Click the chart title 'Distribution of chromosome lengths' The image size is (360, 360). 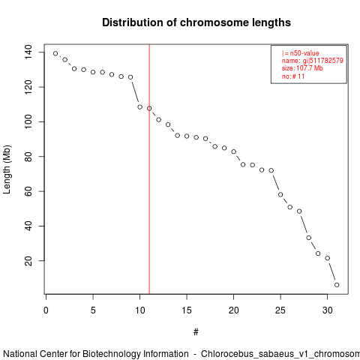[x=196, y=22]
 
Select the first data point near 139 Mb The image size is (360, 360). [x=55, y=53]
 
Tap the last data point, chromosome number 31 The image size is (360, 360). [x=337, y=285]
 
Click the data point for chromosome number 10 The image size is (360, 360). [x=139, y=107]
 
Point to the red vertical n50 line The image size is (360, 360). [x=149, y=169]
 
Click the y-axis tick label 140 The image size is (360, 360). [x=28, y=52]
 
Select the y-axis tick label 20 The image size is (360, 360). [x=28, y=261]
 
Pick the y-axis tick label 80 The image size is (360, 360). [x=28, y=157]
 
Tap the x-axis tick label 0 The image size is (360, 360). [x=46, y=310]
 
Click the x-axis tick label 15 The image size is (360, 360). [x=187, y=310]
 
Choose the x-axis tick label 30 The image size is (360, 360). [x=327, y=310]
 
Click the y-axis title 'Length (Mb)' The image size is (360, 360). [x=7, y=169]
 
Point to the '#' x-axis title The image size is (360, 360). [x=196, y=332]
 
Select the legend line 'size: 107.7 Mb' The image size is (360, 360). [x=302, y=68]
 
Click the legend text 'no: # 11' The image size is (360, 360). [x=293, y=76]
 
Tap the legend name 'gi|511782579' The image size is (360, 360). [x=323, y=61]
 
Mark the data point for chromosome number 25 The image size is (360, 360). [x=280, y=194]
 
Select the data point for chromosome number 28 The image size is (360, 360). [x=309, y=238]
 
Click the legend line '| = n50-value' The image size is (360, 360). [x=301, y=53]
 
